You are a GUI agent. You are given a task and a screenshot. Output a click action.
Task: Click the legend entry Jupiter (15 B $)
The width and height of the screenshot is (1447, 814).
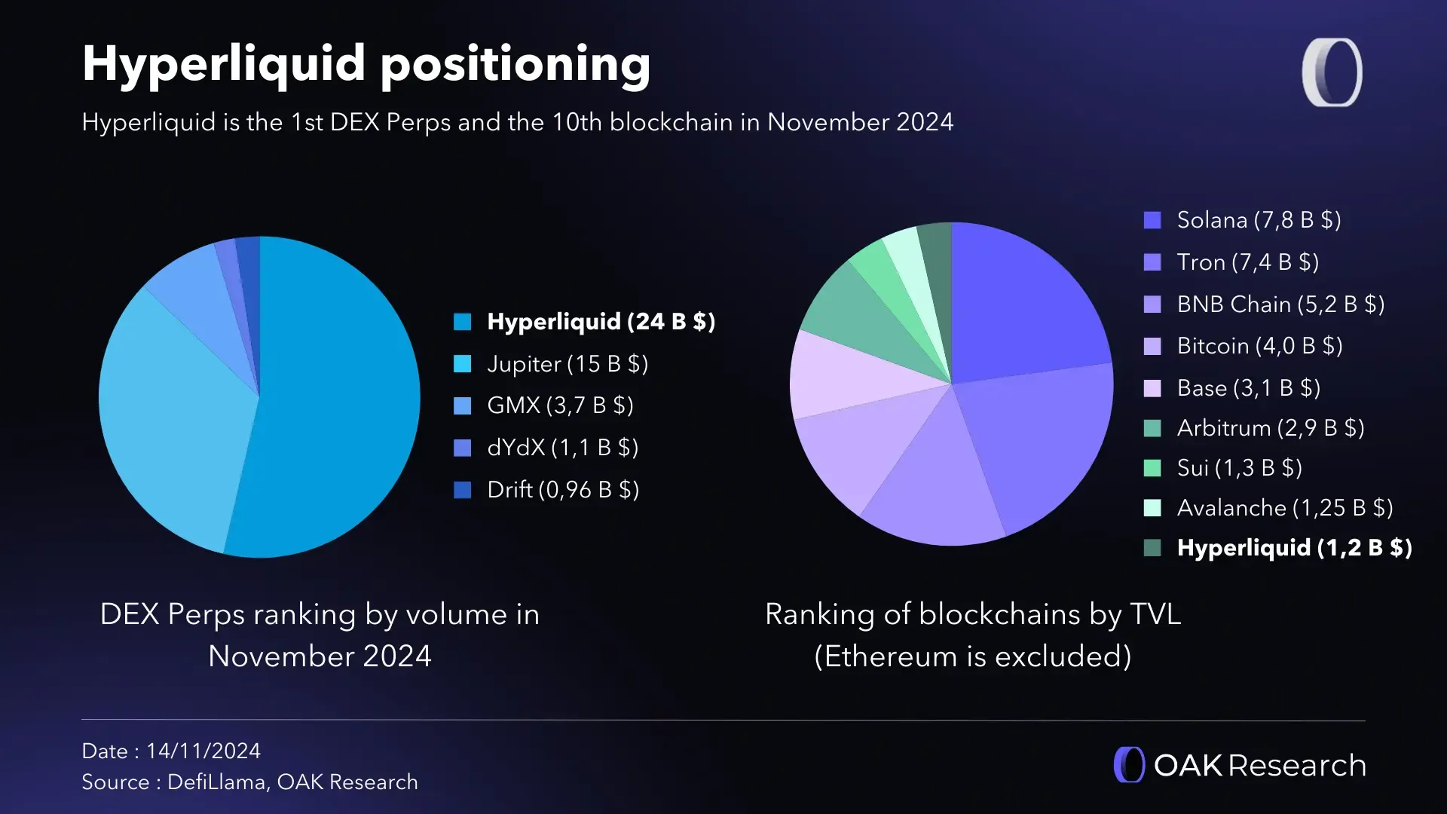point(567,364)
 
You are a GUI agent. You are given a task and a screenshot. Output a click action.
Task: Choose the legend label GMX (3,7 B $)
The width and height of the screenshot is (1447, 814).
point(559,405)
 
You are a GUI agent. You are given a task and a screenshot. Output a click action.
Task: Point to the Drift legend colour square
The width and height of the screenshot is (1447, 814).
point(462,490)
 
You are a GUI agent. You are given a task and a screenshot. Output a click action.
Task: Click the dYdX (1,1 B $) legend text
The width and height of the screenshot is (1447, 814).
point(562,448)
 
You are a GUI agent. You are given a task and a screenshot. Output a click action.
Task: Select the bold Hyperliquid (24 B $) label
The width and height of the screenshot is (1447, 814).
point(601,322)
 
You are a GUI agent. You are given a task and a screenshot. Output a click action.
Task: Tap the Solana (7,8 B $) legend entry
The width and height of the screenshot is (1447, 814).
point(1259,220)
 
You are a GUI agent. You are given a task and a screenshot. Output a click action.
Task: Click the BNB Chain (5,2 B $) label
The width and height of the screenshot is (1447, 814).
point(1280,304)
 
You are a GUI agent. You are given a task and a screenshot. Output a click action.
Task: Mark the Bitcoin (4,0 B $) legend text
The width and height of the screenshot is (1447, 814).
point(1259,346)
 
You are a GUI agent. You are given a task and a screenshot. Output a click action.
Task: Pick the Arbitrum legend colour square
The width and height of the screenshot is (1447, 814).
point(1152,428)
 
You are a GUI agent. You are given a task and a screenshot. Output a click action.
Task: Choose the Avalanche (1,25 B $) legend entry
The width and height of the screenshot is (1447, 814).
point(1284,508)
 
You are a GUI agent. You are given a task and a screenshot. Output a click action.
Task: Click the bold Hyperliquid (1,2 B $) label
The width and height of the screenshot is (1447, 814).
point(1294,548)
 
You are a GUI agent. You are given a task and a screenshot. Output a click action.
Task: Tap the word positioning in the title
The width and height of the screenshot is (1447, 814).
point(515,65)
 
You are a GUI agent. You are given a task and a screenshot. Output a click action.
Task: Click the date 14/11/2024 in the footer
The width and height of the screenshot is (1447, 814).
point(203,751)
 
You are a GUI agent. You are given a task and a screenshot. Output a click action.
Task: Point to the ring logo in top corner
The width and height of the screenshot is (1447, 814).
point(1332,72)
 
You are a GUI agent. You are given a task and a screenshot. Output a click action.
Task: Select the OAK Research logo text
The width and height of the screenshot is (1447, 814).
point(1259,766)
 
